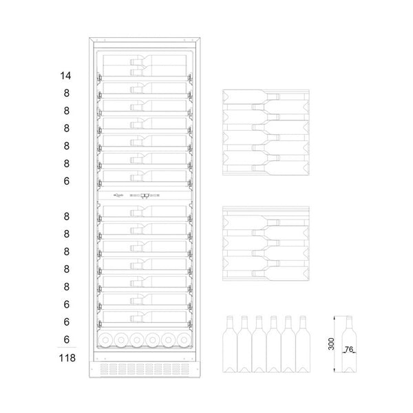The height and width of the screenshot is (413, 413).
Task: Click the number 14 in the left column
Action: click(66, 75)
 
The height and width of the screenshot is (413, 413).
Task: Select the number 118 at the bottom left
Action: click(66, 357)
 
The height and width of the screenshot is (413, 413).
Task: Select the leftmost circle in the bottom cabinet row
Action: click(108, 339)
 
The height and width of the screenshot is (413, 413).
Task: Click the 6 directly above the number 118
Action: click(66, 339)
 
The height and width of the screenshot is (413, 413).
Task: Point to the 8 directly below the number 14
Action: click(66, 93)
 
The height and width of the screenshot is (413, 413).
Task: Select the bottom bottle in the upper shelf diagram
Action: click(265, 166)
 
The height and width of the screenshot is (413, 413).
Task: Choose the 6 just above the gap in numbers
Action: click(66, 180)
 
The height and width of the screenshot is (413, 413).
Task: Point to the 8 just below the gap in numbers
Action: click(66, 216)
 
